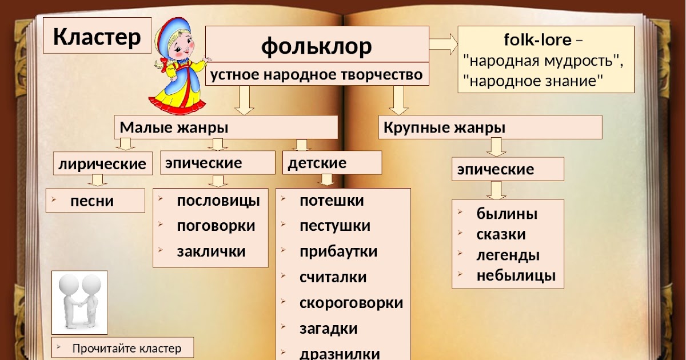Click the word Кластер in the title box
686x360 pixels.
pos(97,37)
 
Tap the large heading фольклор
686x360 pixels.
pos(317,46)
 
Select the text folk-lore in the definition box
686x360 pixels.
pos(538,39)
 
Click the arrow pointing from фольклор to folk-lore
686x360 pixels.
pos(443,44)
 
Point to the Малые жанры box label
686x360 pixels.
pos(174,127)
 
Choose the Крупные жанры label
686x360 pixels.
pos(444,127)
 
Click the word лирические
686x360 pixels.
pos(102,164)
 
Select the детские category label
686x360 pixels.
pos(317,162)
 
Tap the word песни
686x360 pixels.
pos(92,201)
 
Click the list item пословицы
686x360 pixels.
pos(218,201)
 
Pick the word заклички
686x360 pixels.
pos(212,251)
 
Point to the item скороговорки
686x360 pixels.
pos(351,303)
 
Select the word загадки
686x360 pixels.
pos(328,329)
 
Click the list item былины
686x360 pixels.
pos(507,214)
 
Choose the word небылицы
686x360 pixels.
pos(516,275)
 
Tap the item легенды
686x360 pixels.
pos(508,255)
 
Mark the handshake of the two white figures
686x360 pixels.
pos(80,304)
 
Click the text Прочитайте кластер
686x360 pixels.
pos(127,349)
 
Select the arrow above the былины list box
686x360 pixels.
pos(496,190)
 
